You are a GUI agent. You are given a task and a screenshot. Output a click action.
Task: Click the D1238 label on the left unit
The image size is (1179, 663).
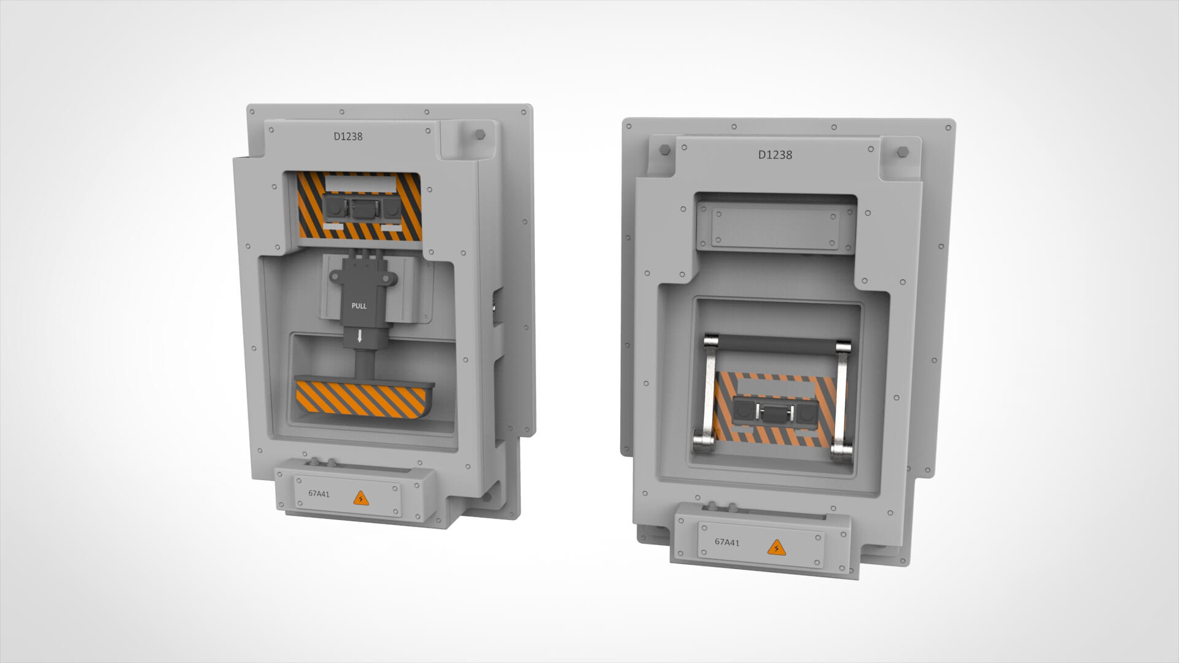tap(348, 136)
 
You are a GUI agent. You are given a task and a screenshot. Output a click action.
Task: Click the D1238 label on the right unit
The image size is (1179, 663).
tap(775, 155)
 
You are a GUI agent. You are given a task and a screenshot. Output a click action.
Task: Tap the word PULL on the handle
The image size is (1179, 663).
tap(359, 306)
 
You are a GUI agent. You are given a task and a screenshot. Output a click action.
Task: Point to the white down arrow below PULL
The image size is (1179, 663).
tap(360, 336)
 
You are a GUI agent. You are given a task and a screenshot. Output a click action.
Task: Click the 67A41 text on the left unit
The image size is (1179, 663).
tap(319, 494)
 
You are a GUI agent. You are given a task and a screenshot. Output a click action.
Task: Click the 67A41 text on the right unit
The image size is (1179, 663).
tap(727, 542)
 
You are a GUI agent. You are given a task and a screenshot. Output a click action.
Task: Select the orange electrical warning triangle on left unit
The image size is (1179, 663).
tap(361, 498)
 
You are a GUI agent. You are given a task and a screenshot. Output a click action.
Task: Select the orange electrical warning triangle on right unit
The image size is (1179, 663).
tap(776, 546)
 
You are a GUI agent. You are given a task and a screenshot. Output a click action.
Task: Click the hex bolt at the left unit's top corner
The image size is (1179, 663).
tap(478, 134)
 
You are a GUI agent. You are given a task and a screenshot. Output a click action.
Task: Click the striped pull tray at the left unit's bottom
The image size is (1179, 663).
tap(362, 399)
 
